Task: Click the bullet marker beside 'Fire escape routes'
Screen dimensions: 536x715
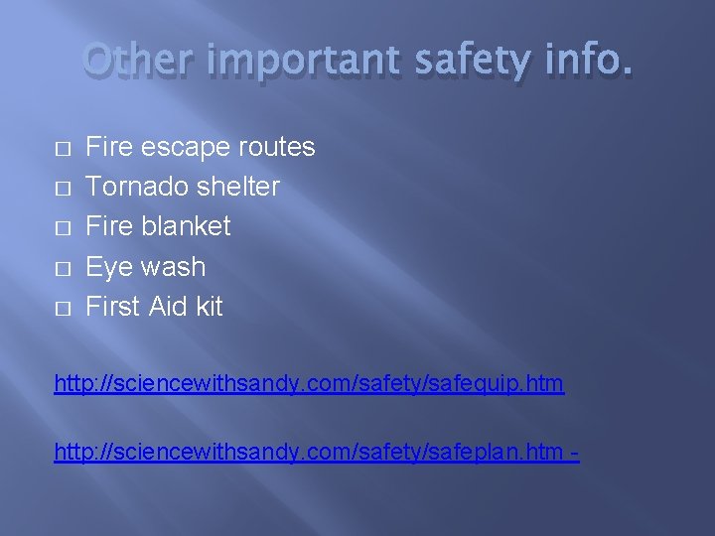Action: tap(62, 149)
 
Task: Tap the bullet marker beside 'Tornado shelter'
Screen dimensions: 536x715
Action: tap(62, 189)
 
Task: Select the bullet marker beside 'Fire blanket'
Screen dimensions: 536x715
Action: tap(62, 228)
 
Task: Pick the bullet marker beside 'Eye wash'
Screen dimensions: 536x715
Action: tap(62, 269)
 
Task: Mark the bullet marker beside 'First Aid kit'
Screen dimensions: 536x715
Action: tap(62, 309)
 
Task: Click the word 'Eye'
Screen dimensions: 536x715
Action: tap(109, 268)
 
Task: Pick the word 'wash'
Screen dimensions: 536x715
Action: tap(173, 267)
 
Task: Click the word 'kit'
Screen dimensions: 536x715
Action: tap(210, 307)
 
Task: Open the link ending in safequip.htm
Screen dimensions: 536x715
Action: tap(309, 384)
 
